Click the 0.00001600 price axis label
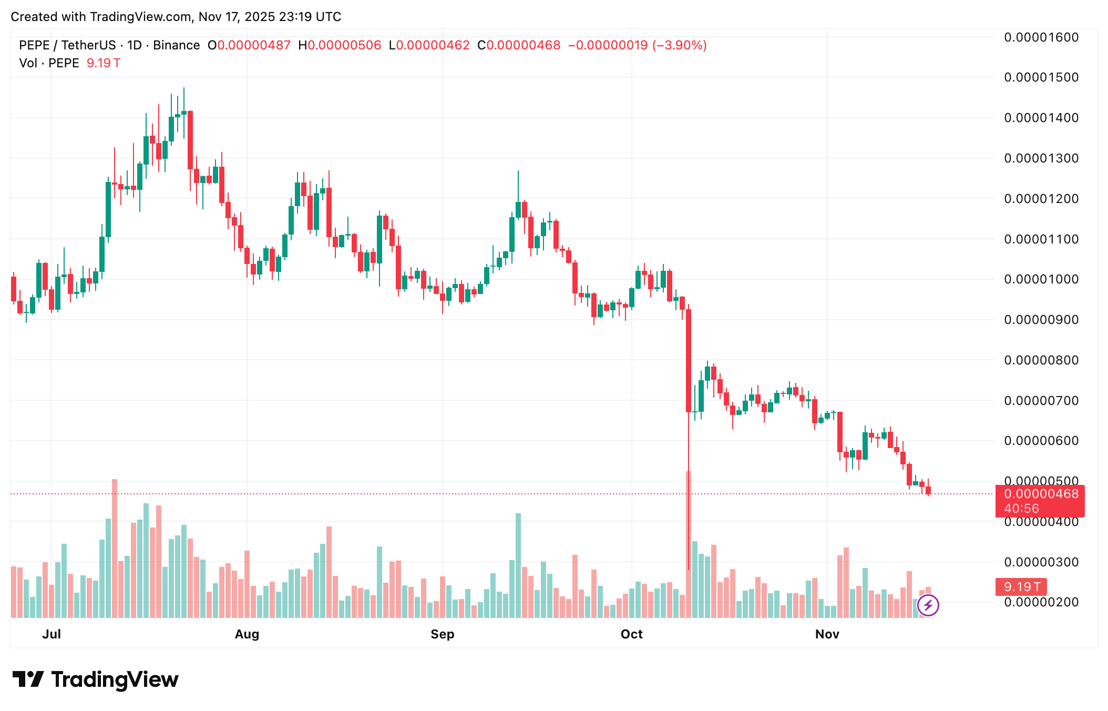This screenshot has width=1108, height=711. pyautogui.click(x=1041, y=37)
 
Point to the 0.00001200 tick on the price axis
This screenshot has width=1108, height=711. pyautogui.click(x=1041, y=199)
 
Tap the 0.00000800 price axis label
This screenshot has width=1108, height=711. pyautogui.click(x=1041, y=360)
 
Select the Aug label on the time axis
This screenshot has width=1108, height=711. pyautogui.click(x=247, y=634)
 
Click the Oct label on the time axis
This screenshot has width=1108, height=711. pyautogui.click(x=631, y=634)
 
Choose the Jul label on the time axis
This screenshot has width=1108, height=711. pyautogui.click(x=52, y=634)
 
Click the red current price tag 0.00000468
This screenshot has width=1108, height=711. pyautogui.click(x=1040, y=494)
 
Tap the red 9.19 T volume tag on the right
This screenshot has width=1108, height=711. pyautogui.click(x=1021, y=587)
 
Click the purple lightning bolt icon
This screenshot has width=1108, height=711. pyautogui.click(x=928, y=605)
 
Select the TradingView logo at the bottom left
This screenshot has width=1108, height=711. pyautogui.click(x=96, y=679)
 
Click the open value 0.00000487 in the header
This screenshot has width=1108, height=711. pyautogui.click(x=254, y=45)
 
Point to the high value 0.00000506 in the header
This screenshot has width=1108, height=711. pyautogui.click(x=344, y=45)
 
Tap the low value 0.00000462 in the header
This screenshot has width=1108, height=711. pyautogui.click(x=433, y=45)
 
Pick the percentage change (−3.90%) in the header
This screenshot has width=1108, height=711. pyautogui.click(x=680, y=45)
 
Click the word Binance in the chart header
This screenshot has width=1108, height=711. pyautogui.click(x=176, y=45)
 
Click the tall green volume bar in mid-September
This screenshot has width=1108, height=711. pyautogui.click(x=518, y=565)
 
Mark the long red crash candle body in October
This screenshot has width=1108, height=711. pyautogui.click(x=689, y=360)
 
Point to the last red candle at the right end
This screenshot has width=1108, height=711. pyautogui.click(x=928, y=490)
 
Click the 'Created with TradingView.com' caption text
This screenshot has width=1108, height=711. pyautogui.click(x=176, y=17)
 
